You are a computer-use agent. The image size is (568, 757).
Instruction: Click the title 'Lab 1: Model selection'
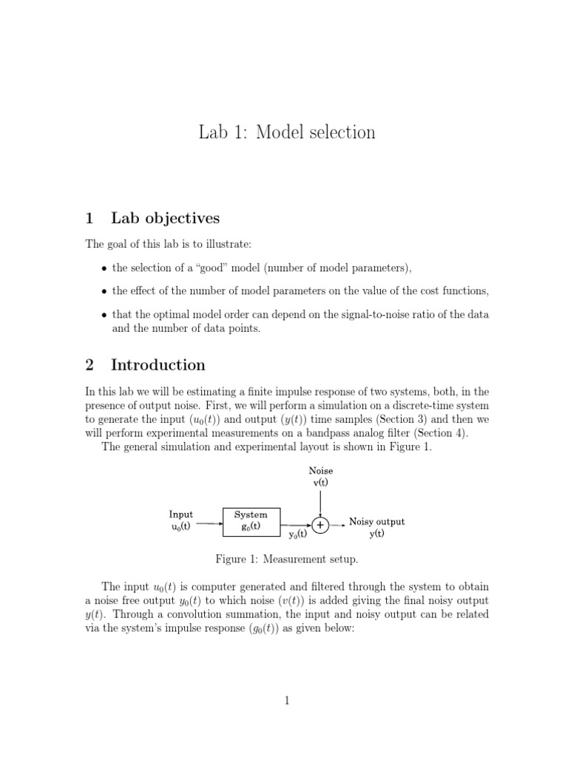coord(287,132)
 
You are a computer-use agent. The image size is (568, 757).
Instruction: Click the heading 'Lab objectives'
coord(165,218)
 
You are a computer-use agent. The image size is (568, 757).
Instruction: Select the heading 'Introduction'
coord(158,364)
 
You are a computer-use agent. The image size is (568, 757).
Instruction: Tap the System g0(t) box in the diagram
coord(251,520)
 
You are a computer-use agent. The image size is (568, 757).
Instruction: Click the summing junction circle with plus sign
coord(319,525)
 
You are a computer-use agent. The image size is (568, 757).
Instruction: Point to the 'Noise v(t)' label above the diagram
coord(320,476)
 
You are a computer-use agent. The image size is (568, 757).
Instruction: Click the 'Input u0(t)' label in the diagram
coord(180,520)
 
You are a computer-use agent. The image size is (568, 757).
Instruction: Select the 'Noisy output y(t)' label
coord(376,527)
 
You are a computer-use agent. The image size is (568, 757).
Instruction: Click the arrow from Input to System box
coord(210,524)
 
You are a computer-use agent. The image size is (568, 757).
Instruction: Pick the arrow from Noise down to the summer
coord(319,503)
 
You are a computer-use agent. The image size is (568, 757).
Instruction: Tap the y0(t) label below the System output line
coord(298,534)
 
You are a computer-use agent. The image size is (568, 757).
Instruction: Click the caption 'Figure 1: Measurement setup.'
coord(286,560)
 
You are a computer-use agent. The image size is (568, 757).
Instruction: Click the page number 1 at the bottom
coord(286,702)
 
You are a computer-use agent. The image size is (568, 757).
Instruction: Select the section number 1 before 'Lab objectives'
coord(89,218)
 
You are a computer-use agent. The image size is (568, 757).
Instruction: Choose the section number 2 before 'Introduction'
coord(89,364)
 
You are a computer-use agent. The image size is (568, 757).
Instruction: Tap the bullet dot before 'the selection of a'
coord(104,268)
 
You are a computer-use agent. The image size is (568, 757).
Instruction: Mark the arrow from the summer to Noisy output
coord(337,525)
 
